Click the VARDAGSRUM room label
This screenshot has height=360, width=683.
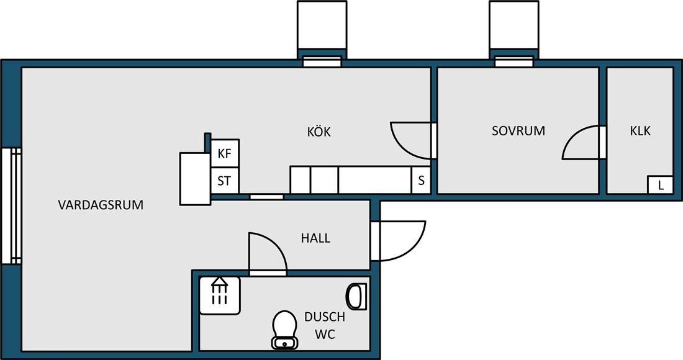click(101, 205)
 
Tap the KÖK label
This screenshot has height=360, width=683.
click(319, 131)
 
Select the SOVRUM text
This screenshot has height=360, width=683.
click(518, 130)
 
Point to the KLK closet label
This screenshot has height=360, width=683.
click(640, 130)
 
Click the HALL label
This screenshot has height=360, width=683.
click(315, 238)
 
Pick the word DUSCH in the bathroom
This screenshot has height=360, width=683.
click(325, 317)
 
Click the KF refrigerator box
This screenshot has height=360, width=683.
click(225, 153)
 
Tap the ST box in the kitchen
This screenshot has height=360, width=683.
click(225, 180)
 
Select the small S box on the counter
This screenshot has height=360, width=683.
click(421, 180)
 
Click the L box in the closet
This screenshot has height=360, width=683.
click(661, 185)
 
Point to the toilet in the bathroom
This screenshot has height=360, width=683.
click(284, 330)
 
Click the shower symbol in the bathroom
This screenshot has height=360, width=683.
click(220, 295)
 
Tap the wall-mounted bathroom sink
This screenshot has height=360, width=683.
click(356, 297)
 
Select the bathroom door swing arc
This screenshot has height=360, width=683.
click(278, 245)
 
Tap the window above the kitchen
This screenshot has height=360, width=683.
click(322, 62)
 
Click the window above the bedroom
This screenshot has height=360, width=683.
click(514, 62)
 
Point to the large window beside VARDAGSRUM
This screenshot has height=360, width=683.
click(11, 206)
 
